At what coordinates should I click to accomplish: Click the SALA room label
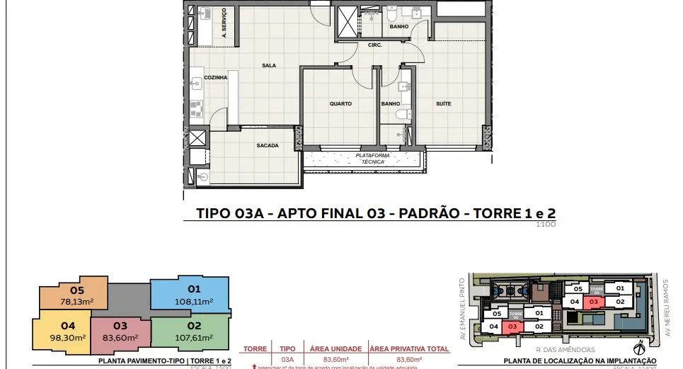(269, 65)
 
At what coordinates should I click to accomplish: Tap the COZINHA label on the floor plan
(216, 77)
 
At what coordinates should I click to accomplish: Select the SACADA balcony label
(268, 146)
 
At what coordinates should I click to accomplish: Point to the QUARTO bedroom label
(340, 104)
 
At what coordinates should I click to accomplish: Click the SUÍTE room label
(444, 104)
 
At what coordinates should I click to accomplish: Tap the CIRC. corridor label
(375, 45)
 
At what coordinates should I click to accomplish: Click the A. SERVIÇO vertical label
(224, 22)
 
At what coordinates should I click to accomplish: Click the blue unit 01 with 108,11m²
(193, 295)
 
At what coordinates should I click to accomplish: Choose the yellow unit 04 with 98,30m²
(68, 331)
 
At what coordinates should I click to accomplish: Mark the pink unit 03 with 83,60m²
(120, 331)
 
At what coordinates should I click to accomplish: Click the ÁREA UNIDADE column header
(335, 349)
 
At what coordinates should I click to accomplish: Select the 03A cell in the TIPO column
(287, 360)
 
